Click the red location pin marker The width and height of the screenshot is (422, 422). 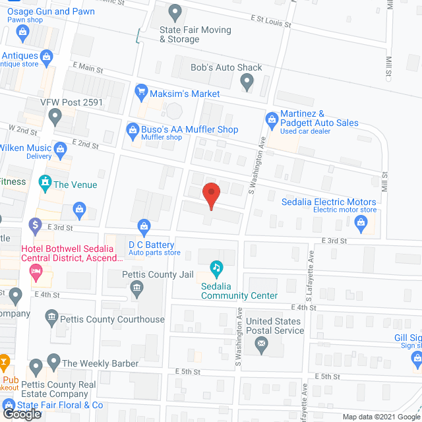tap(210, 195)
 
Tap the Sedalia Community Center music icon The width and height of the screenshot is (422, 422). tap(216, 268)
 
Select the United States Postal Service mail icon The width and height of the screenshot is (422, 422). tap(262, 344)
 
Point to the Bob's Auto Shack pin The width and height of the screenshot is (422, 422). tap(247, 82)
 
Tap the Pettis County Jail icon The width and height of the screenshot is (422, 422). tap(136, 287)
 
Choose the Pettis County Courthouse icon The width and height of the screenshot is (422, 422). tap(51, 319)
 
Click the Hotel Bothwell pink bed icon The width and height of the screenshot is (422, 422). tap(38, 270)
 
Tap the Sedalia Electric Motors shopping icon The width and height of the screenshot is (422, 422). tap(361, 224)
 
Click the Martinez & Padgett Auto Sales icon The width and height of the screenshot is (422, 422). tap(271, 119)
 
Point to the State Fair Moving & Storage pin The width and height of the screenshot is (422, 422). tap(175, 13)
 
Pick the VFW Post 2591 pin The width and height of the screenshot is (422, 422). tap(55, 119)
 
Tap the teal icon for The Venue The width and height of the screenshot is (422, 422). tap(45, 181)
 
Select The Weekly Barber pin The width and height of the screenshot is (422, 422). tap(36, 365)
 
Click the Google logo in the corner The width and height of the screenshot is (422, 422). tap(21, 413)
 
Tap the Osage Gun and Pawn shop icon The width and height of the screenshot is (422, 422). tap(24, 31)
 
